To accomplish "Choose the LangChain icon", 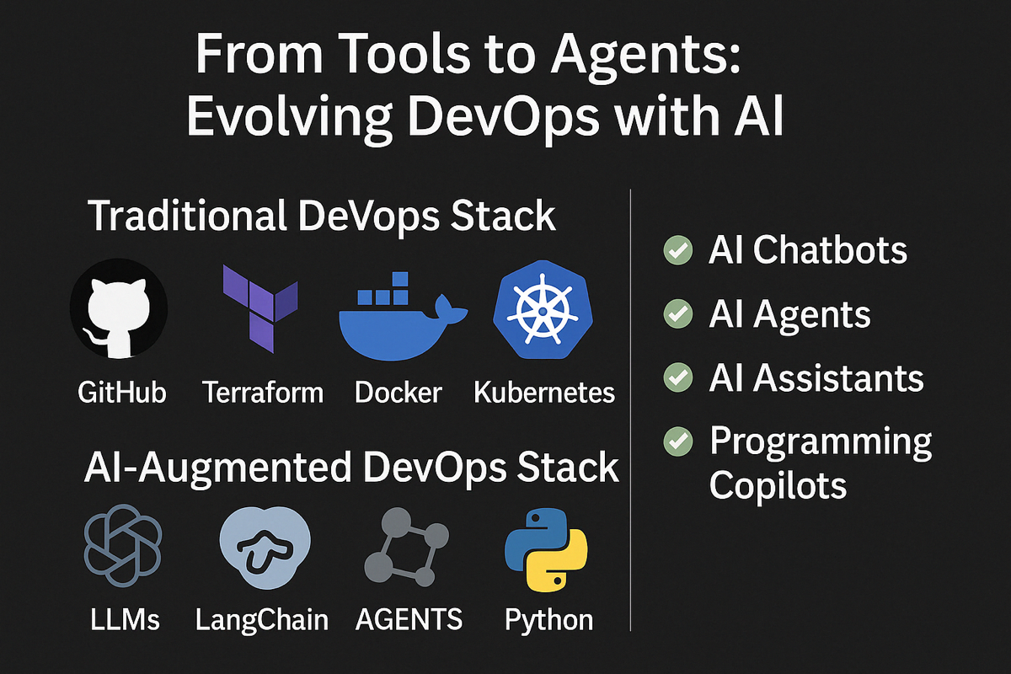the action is point(260,548).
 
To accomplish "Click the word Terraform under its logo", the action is point(263,392).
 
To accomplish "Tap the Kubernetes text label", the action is point(543,392).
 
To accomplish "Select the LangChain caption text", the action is point(261,620).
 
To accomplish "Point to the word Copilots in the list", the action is point(778,485).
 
